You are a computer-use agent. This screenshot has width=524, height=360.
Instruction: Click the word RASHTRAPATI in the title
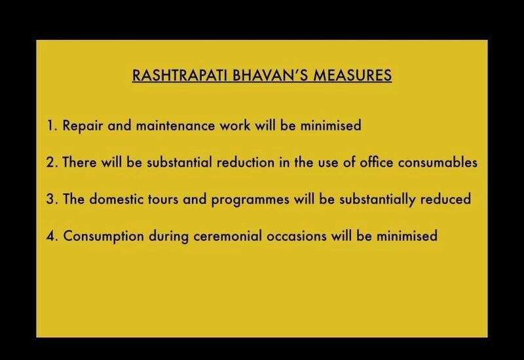pyautogui.click(x=179, y=75)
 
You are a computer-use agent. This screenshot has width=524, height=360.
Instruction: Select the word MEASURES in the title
pyautogui.click(x=352, y=75)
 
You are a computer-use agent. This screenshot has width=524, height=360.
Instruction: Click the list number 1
pyautogui.click(x=52, y=126)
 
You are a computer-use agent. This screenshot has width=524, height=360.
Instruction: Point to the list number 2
pyautogui.click(x=52, y=162)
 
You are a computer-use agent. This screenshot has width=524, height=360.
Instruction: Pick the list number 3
pyautogui.click(x=52, y=199)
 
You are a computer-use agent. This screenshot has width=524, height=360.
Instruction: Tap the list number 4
pyautogui.click(x=52, y=236)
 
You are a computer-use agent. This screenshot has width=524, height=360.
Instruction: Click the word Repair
pyautogui.click(x=83, y=126)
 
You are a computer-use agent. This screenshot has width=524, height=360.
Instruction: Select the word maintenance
pyautogui.click(x=176, y=126)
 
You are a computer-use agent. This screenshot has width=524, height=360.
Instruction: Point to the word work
pyautogui.click(x=235, y=126)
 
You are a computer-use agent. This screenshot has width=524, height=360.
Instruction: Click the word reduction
pyautogui.click(x=246, y=162)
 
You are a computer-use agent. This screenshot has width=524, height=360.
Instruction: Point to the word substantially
pyautogui.click(x=377, y=200)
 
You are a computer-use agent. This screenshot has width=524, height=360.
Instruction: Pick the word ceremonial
pyautogui.click(x=227, y=236)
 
